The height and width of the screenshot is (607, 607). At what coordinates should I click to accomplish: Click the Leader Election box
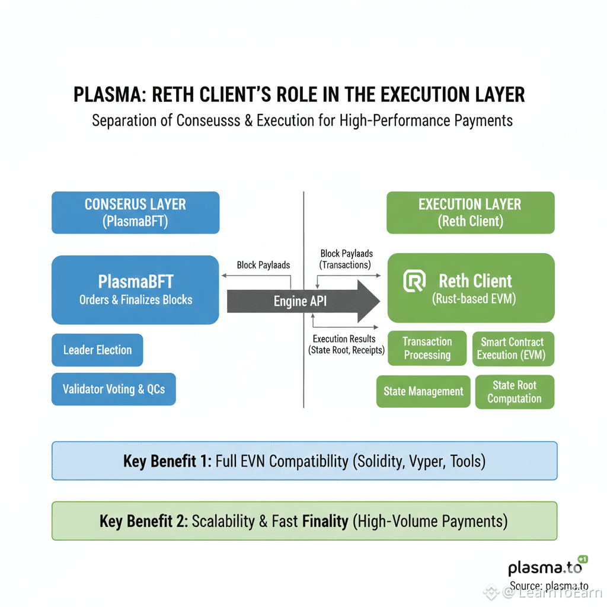[x=97, y=350]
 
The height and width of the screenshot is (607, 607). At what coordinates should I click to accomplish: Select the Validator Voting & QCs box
[x=114, y=389]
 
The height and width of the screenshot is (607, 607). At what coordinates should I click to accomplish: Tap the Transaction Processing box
[x=427, y=349]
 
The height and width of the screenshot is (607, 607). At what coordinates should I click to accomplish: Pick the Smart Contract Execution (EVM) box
[x=513, y=349]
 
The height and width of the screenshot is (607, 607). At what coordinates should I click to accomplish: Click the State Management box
[x=423, y=391]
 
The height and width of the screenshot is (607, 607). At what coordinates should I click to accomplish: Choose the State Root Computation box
[x=515, y=392]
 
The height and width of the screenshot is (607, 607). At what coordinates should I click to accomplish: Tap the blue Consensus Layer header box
[x=135, y=212]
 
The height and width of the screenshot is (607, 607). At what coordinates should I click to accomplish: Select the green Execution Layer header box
[x=470, y=212]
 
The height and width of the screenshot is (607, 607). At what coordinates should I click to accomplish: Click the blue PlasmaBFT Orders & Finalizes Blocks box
[x=135, y=290]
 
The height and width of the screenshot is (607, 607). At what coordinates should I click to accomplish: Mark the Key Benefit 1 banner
[x=304, y=461]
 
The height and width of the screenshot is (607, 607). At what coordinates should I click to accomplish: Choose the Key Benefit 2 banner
[x=304, y=521]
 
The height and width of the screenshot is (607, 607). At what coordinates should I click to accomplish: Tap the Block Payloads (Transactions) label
[x=346, y=259]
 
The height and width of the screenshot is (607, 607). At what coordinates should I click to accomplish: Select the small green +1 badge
[x=582, y=559]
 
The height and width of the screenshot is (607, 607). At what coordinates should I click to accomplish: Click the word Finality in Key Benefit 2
[x=325, y=521]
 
